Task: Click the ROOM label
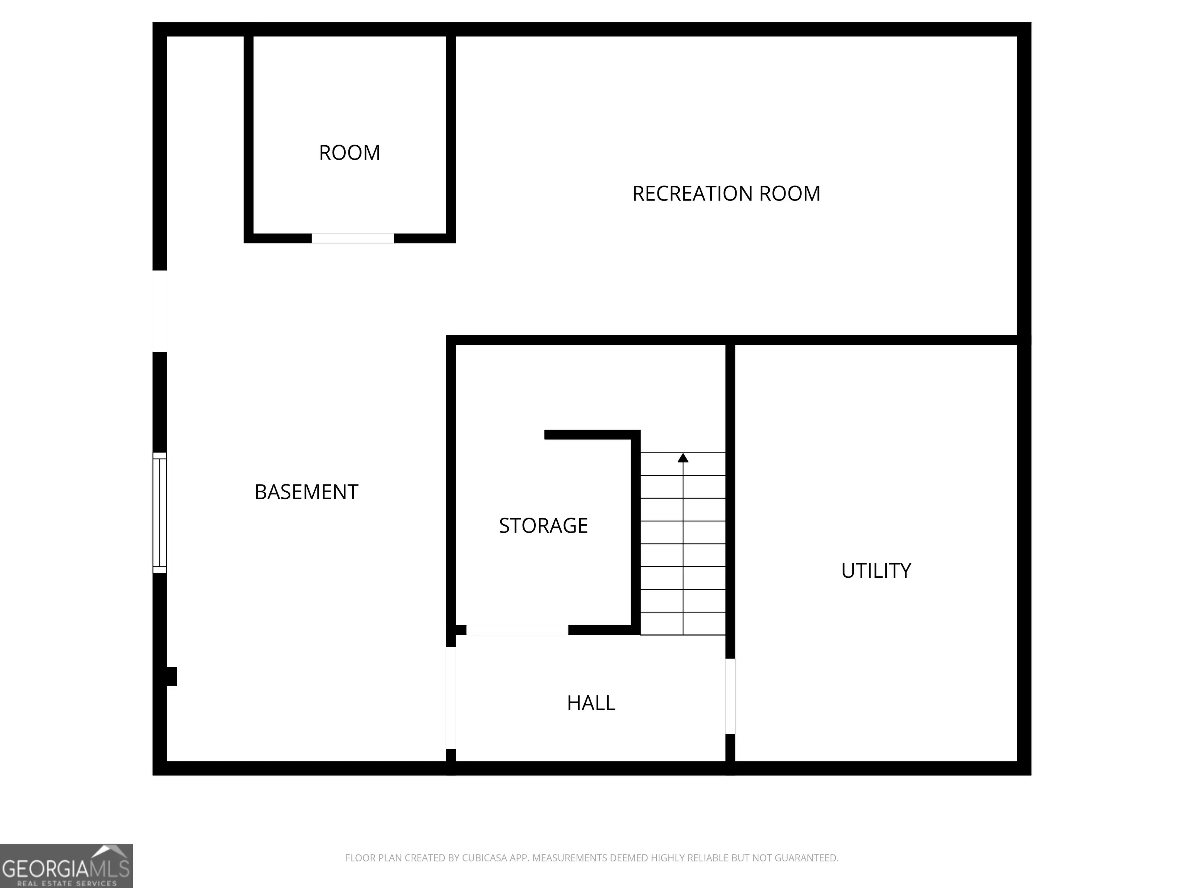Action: [x=350, y=153]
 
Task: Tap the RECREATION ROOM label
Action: [x=727, y=194]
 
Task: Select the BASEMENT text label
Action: [x=306, y=492]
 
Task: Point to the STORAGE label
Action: [x=543, y=526]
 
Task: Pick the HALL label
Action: [x=591, y=703]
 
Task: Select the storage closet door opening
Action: [x=517, y=630]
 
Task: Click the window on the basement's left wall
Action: [x=160, y=513]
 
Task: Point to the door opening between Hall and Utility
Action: [x=730, y=696]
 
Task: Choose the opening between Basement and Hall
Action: [x=451, y=698]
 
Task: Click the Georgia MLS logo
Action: [x=66, y=866]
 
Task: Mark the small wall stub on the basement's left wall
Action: [x=171, y=676]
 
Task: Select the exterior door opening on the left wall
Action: [x=160, y=311]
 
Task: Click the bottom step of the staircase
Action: [x=683, y=624]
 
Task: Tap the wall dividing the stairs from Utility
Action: [x=730, y=501]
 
